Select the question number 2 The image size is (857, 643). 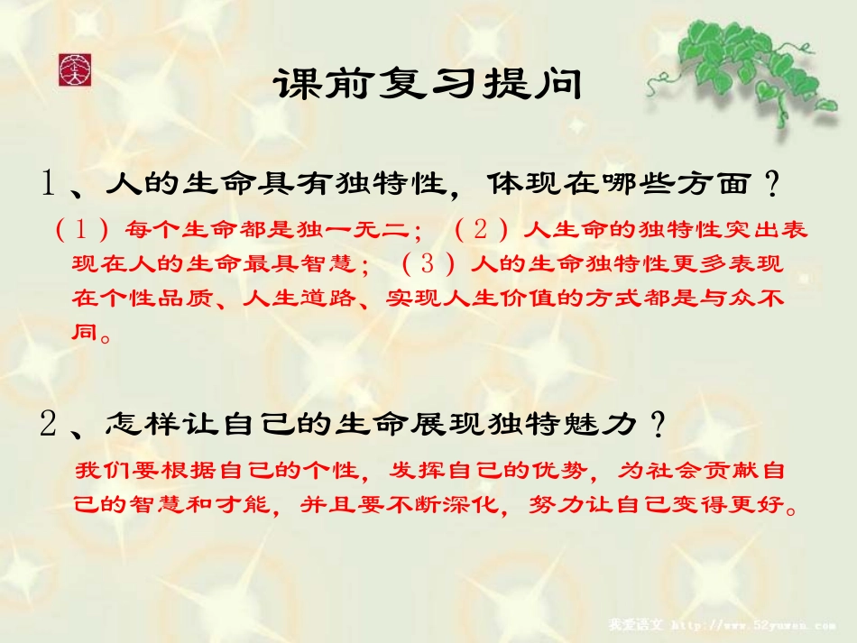(x=49, y=424)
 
